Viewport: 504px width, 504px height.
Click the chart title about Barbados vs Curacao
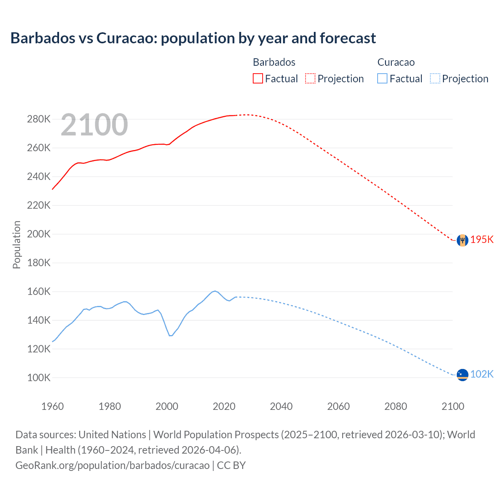click(193, 38)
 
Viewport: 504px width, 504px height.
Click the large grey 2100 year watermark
click(94, 125)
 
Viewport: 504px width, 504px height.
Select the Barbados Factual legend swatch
click(258, 78)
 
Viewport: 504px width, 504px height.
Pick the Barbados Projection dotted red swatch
click(310, 78)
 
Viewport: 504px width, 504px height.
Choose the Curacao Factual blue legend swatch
click(382, 78)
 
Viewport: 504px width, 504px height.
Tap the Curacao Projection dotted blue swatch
click(435, 78)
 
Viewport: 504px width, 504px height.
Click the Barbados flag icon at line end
click(462, 240)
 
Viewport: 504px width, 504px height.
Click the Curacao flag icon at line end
click(462, 374)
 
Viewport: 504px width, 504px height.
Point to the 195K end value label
click(482, 240)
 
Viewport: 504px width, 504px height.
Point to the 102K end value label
click(482, 374)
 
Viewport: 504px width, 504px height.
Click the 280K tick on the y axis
click(39, 119)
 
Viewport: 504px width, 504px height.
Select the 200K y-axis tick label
click(39, 234)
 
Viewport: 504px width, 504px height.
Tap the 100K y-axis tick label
click(39, 378)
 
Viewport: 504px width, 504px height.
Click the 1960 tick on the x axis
click(52, 406)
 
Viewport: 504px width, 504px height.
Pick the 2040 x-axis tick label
click(281, 406)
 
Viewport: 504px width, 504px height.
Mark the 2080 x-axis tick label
click(395, 406)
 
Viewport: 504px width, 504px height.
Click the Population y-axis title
click(17, 245)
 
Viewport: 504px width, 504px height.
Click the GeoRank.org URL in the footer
click(112, 465)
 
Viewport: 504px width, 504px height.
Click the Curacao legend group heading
click(396, 62)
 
